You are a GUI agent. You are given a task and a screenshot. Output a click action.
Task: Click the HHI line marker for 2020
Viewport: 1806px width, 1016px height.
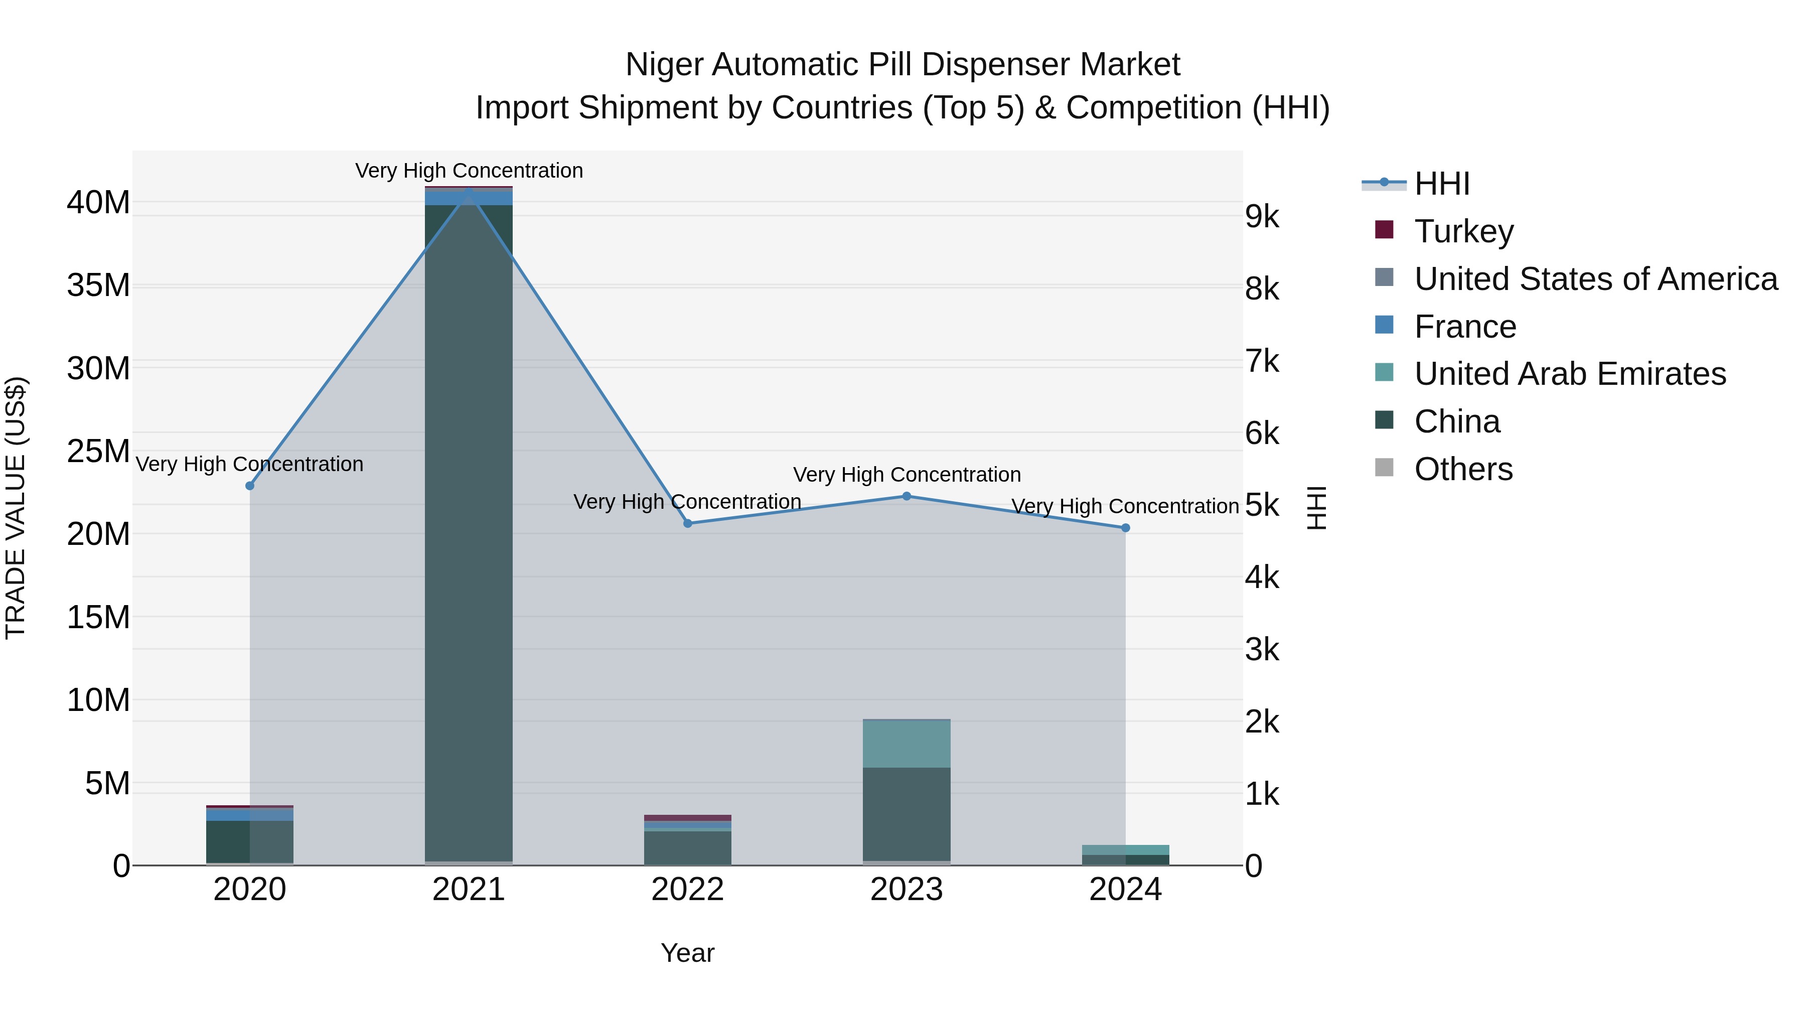coord(250,485)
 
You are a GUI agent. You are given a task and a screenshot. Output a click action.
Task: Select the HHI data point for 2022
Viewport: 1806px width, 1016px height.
coord(688,523)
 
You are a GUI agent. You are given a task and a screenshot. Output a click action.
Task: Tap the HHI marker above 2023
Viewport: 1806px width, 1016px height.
coord(907,496)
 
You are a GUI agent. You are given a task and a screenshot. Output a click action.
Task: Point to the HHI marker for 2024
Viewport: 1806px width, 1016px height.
coord(1125,528)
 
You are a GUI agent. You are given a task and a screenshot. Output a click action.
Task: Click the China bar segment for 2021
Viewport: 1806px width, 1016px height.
coord(469,533)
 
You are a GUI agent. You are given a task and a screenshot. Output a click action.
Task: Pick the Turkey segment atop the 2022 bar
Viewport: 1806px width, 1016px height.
coord(688,818)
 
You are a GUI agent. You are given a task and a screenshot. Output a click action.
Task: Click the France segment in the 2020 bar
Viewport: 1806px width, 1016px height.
coord(250,815)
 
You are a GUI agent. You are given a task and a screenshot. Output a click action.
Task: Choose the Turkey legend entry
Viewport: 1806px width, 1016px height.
coord(1463,231)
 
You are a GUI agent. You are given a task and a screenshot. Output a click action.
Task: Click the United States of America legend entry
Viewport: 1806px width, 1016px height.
coord(1595,278)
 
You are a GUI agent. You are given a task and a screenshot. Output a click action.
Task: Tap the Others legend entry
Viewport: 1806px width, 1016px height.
coord(1463,469)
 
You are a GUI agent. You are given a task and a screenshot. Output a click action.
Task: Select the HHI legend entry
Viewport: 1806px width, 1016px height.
coord(1441,184)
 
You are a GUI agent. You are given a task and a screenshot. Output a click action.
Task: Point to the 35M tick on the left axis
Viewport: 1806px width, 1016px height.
coord(98,285)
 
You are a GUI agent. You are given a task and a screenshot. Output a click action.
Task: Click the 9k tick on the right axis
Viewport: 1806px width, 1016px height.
coord(1262,217)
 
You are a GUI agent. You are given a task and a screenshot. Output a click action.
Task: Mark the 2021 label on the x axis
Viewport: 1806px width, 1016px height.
coord(469,890)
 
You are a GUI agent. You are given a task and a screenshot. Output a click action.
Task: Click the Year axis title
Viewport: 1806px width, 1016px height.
coord(687,953)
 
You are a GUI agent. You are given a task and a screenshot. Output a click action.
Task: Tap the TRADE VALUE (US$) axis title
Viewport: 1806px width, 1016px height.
coord(16,508)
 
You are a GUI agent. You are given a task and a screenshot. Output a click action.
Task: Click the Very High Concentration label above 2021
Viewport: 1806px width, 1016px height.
coord(469,171)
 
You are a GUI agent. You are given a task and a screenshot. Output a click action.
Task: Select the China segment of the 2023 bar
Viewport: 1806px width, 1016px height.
coord(907,813)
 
